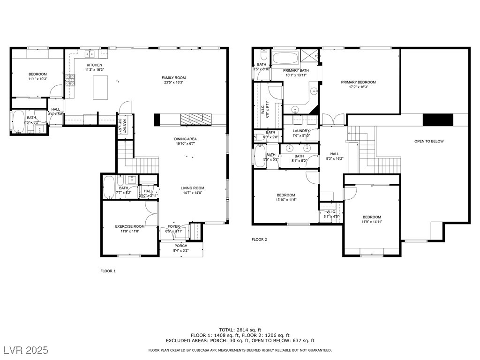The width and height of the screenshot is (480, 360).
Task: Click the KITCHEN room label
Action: [94, 65]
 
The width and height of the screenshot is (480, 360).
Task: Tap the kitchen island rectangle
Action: [100, 88]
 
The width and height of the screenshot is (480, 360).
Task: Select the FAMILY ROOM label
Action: [173, 78]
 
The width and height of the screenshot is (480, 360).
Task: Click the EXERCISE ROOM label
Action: [129, 226]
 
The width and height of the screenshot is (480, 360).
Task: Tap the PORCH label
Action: [181, 246]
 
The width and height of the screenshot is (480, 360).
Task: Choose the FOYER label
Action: [173, 226]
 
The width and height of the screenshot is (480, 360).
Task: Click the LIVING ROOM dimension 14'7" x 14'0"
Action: [192, 193]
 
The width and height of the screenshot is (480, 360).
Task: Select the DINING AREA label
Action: [185, 139]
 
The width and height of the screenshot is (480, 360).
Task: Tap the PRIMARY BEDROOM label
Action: [358, 82]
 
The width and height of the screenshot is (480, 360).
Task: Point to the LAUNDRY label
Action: [300, 131]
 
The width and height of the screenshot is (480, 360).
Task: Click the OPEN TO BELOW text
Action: [428, 141]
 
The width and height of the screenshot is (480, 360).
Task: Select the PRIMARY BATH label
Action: [295, 70]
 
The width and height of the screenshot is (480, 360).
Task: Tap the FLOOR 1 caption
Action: [108, 271]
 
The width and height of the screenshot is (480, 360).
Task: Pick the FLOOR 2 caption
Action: [259, 240]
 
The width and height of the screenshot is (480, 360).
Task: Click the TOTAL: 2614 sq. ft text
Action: [240, 330]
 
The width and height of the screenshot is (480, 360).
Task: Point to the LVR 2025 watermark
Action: [28, 350]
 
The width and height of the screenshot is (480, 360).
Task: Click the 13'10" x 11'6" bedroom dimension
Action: [285, 200]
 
